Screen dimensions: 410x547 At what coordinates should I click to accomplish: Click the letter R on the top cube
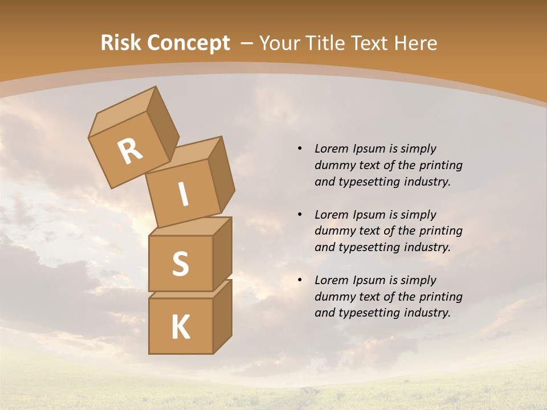(130, 151)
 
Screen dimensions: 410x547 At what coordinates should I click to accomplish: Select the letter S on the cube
(180, 264)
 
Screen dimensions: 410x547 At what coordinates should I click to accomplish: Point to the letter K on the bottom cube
(180, 327)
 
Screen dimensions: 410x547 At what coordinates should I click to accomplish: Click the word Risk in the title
(121, 43)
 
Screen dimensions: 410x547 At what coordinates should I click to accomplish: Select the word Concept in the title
(188, 43)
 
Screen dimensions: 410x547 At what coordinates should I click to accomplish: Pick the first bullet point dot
(300, 149)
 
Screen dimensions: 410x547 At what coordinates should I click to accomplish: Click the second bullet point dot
(300, 215)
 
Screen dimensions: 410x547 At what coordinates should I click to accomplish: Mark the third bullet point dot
(300, 280)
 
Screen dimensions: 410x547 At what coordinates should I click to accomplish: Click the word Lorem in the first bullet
(331, 149)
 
